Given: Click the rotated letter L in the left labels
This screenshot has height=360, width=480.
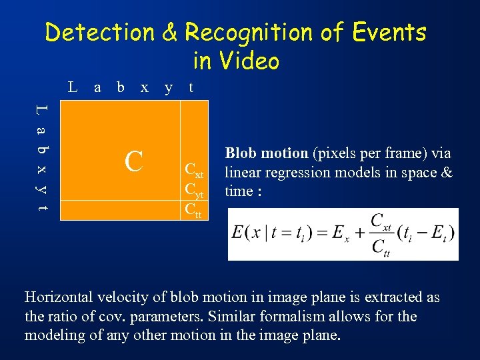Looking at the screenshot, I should (x=41, y=109).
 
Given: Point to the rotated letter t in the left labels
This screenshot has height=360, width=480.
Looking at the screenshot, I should (x=41, y=208).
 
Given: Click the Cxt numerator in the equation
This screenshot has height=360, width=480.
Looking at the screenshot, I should (x=381, y=221).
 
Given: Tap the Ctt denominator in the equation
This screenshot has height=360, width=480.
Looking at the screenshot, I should (x=381, y=247).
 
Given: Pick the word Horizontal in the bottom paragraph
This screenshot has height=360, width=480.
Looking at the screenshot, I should (x=56, y=298).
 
